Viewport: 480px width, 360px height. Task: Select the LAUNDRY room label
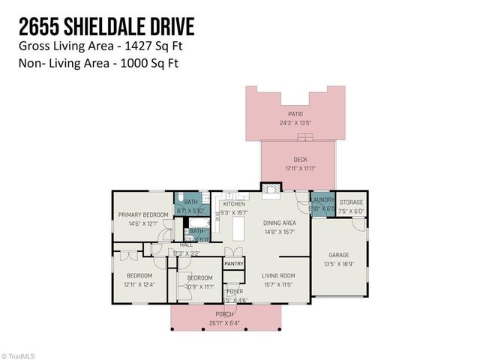[x=322, y=200]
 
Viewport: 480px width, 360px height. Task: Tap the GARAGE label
[x=339, y=255]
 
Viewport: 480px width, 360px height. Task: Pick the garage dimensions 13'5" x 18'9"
[x=339, y=263]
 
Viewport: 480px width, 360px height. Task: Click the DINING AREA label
[x=278, y=223]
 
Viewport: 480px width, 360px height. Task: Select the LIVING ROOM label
[x=278, y=276]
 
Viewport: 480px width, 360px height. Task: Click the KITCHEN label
[x=234, y=204]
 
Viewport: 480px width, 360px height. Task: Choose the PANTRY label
[x=234, y=263]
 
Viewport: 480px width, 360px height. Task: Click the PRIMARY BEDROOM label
[x=142, y=215]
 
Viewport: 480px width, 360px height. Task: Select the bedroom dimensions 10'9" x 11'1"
[x=200, y=286]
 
